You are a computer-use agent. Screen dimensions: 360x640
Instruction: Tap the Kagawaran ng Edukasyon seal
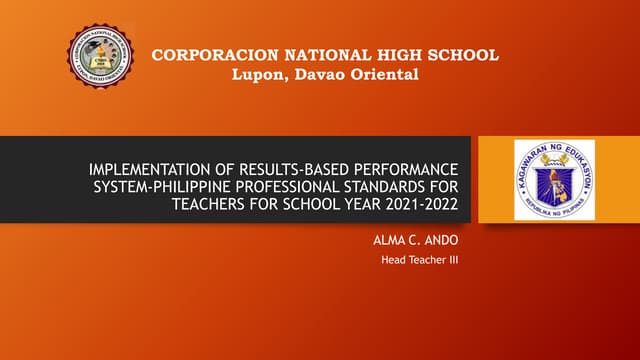tap(553, 180)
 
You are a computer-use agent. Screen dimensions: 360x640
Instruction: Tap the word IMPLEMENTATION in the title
tap(150, 167)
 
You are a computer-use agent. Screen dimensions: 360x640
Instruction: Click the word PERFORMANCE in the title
tap(409, 167)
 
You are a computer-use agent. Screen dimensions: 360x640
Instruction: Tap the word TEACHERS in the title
tap(212, 205)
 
